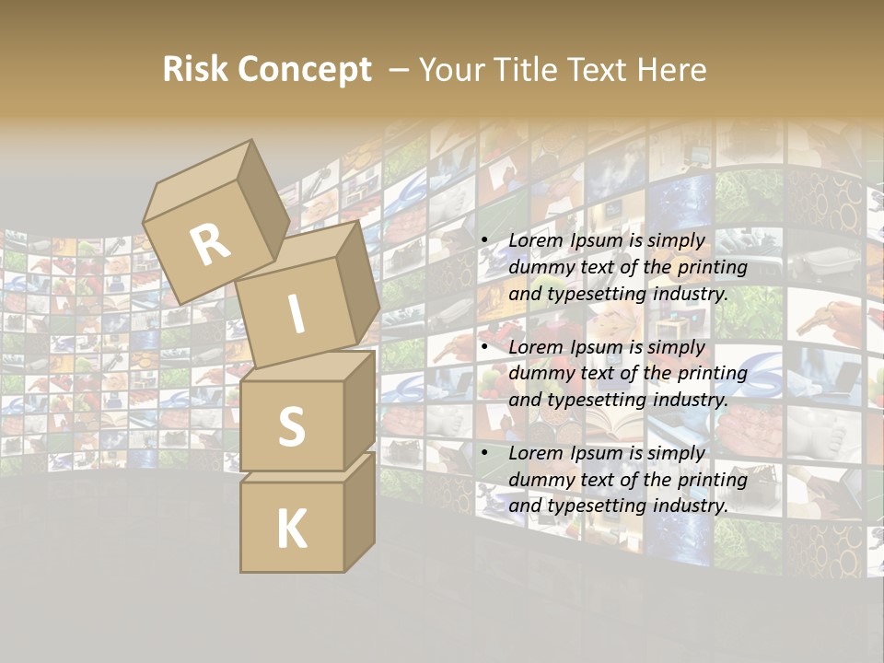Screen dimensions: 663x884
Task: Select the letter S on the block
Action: (292, 426)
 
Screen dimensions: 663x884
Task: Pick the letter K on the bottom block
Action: (291, 529)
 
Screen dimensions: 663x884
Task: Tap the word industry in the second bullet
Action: (690, 401)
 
